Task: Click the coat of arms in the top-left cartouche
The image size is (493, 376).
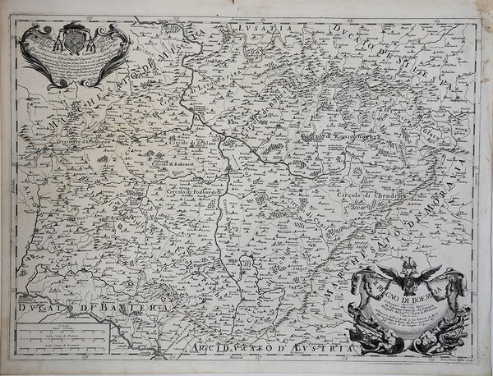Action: click(73, 39)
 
